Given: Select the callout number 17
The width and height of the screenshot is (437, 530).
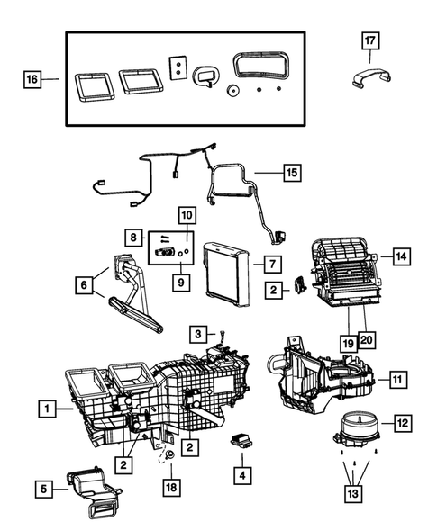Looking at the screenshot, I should coord(371,40).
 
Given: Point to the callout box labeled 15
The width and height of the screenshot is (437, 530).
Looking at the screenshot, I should coord(290,171).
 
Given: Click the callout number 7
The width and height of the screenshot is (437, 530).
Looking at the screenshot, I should coord(268,263).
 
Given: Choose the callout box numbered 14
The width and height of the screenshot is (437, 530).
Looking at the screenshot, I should coord(401,256).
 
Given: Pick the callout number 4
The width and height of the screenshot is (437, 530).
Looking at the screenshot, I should coord(241,472).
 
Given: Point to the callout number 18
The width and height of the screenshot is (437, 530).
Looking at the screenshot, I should coord(168,487).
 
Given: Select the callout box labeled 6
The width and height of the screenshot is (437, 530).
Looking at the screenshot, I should coord(86,285).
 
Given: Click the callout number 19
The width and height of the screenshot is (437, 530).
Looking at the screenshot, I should coord(347,343).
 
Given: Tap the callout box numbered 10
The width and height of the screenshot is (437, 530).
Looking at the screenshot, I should coord(187,215).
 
